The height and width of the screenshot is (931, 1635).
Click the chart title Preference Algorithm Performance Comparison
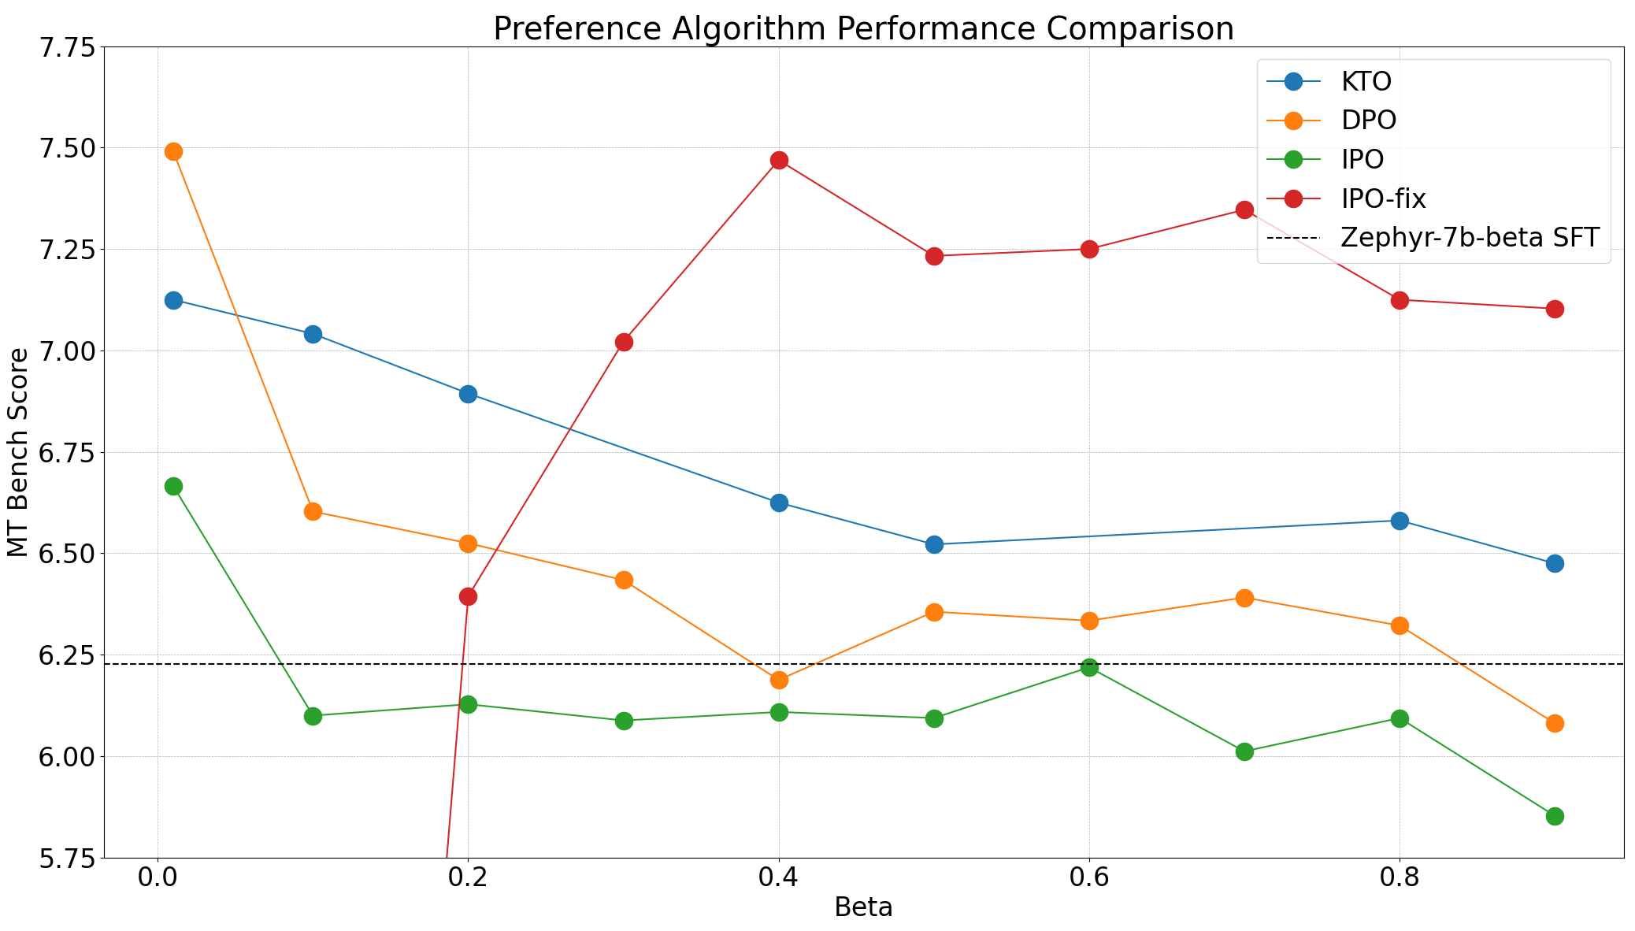(x=863, y=29)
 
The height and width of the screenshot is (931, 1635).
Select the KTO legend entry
(x=1366, y=81)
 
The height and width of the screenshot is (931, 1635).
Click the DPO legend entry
(x=1368, y=121)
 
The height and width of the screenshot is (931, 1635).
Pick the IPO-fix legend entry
(x=1383, y=198)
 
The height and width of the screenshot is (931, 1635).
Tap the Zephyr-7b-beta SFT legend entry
(x=1469, y=237)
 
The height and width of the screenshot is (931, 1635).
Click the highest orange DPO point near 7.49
(x=173, y=151)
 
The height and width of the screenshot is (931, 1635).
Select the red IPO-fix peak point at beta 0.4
(x=779, y=161)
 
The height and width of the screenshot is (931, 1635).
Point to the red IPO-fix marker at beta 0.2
(x=468, y=596)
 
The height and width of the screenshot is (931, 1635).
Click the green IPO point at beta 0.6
(x=1089, y=668)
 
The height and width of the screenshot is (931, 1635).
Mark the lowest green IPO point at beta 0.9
(x=1555, y=816)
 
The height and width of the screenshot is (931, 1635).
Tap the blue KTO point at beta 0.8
(x=1400, y=521)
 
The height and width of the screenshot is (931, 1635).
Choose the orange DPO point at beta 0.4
(x=779, y=680)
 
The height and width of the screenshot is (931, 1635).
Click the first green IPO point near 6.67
(x=173, y=486)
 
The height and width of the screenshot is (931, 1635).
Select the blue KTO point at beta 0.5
(x=934, y=544)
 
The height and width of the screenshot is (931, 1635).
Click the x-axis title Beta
(x=863, y=908)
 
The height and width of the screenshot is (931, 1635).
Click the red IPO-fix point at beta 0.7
(x=1244, y=210)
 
